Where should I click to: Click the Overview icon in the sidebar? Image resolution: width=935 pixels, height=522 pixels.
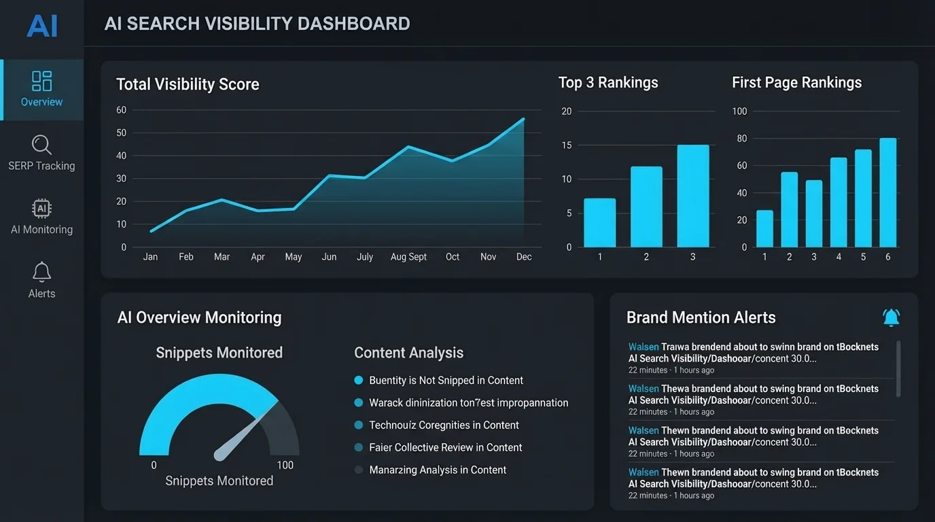41,81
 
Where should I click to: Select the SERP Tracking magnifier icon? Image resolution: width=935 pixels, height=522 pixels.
41,144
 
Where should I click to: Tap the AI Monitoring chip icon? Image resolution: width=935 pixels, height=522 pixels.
41,208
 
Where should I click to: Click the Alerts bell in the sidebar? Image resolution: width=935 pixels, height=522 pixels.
41,272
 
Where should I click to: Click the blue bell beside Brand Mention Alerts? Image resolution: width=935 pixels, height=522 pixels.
891,317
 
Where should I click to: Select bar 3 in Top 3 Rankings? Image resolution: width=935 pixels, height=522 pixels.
692,196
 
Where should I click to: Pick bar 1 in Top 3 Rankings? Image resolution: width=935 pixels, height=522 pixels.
599,223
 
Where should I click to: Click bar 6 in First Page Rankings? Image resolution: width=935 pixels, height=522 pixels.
887,193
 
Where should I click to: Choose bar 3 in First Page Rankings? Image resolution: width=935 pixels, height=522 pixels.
814,213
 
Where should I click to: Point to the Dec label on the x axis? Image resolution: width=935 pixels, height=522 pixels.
523,257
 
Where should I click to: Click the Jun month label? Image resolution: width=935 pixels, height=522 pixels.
329,257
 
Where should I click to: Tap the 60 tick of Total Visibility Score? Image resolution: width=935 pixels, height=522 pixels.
122,110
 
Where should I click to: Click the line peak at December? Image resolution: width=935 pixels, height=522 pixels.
523,119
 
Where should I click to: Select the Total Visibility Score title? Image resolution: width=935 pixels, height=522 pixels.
188,84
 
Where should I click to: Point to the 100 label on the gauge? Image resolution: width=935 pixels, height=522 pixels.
285,465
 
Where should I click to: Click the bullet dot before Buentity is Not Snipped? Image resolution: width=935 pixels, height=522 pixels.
359,381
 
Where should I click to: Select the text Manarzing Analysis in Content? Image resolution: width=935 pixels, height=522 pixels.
438,470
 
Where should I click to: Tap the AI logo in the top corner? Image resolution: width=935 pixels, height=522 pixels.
41,26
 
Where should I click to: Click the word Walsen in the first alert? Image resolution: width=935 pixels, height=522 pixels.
643,347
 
